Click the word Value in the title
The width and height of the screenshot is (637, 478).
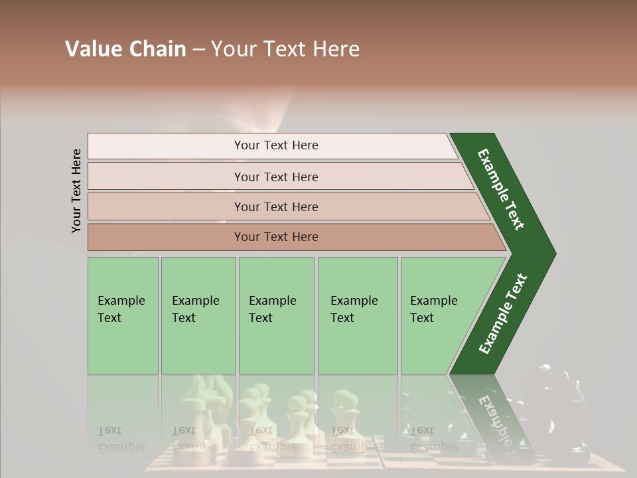(92, 49)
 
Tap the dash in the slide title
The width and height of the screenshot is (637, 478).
(198, 50)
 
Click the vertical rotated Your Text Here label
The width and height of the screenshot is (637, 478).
(76, 191)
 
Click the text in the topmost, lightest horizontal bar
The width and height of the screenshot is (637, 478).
(276, 145)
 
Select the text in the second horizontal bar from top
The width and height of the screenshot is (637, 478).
(276, 177)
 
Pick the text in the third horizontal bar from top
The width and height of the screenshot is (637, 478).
(276, 206)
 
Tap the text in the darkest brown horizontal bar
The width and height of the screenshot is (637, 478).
(276, 237)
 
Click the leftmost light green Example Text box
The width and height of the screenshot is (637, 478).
(122, 309)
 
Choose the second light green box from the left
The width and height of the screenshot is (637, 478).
(197, 309)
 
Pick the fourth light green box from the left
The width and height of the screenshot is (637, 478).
(356, 309)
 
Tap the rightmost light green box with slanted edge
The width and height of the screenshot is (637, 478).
(438, 309)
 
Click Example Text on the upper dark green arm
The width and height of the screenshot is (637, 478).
(502, 189)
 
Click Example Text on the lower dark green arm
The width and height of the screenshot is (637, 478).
(503, 314)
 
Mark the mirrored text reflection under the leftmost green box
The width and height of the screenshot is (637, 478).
(121, 439)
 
